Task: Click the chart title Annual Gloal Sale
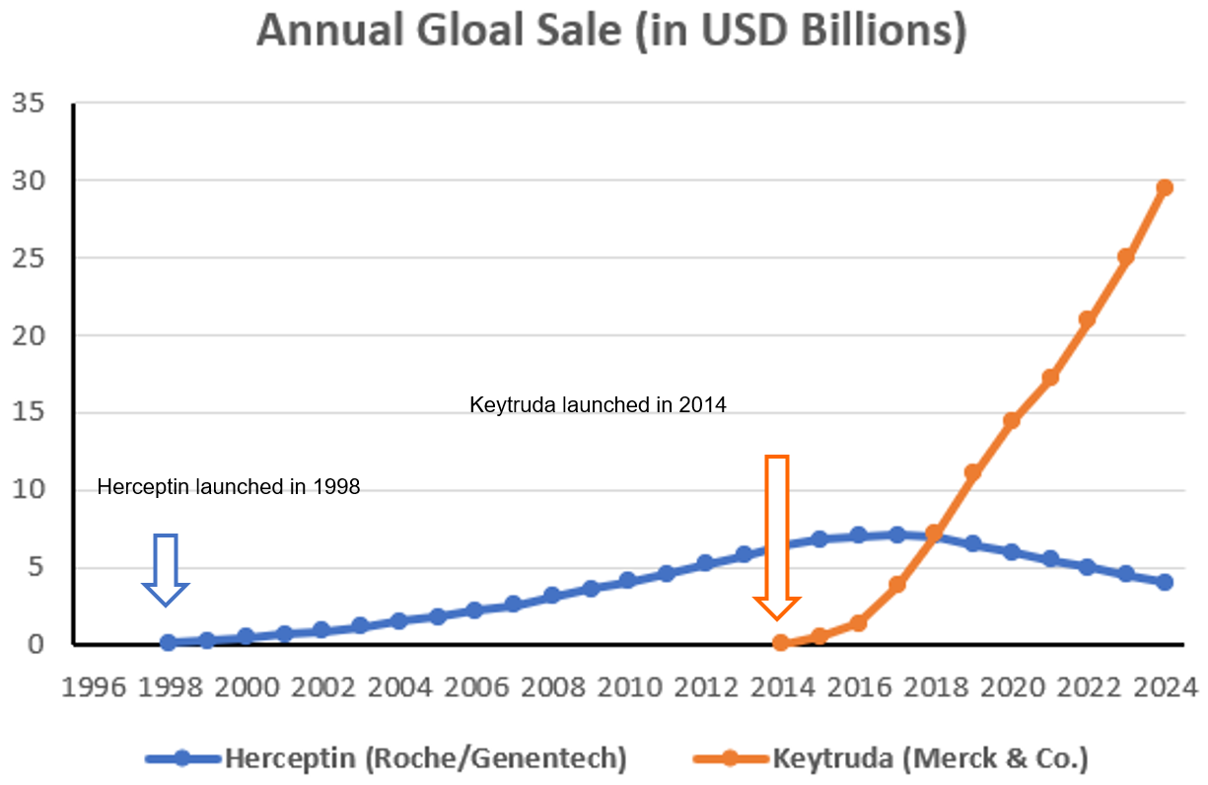[x=611, y=32]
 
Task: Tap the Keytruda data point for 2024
[x=1165, y=187]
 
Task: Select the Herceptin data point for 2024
[x=1165, y=582]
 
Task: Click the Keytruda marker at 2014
[x=781, y=643]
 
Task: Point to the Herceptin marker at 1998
[x=168, y=642]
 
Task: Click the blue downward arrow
[x=166, y=570]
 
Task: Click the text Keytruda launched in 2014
[x=598, y=404]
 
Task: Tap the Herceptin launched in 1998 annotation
[x=229, y=486]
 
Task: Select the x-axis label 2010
[x=628, y=685]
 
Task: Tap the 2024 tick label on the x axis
[x=1165, y=685]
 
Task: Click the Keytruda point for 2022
[x=1088, y=320]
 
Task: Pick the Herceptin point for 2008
[x=551, y=596]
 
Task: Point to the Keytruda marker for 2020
[x=1011, y=421]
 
